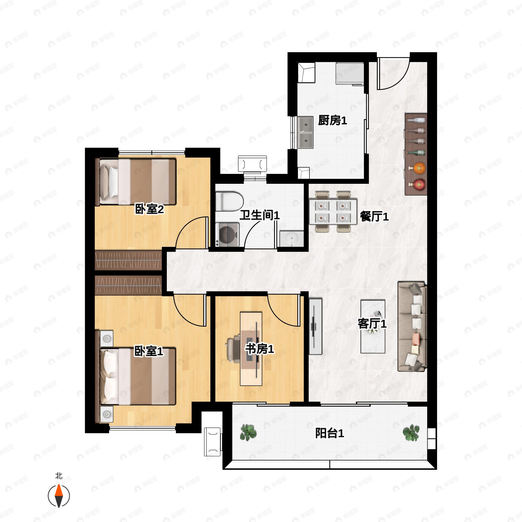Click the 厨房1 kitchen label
[332, 120]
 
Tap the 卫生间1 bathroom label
[259, 215]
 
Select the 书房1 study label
[259, 349]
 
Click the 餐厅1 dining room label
[374, 216]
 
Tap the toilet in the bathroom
[230, 201]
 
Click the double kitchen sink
[305, 132]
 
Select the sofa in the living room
[412, 327]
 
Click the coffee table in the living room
[373, 326]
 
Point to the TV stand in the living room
[316, 326]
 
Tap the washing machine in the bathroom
[228, 234]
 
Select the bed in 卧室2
[136, 182]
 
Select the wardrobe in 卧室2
[128, 260]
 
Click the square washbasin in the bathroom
[291, 239]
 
